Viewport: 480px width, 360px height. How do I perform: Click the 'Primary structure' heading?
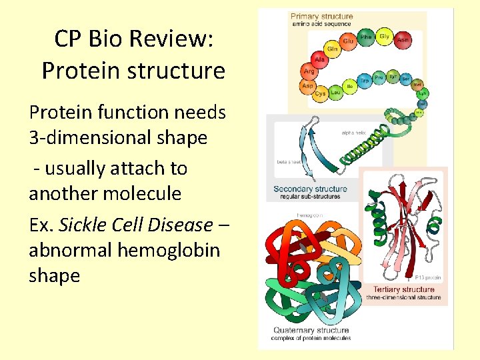pos(322,16)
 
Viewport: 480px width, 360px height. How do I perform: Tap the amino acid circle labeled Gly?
pos(384,37)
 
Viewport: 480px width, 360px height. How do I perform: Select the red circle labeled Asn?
pos(402,39)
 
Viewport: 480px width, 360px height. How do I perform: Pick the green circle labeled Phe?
pos(365,37)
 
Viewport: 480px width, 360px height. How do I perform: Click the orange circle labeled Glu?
pos(348,41)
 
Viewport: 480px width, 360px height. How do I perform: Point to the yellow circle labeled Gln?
pos(332,49)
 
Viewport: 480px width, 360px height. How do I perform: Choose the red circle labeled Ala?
pos(319,60)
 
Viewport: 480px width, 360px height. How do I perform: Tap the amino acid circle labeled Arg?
pos(309,71)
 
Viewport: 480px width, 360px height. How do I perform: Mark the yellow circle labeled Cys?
pos(320,93)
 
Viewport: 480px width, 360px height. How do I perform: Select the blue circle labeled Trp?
pos(364,81)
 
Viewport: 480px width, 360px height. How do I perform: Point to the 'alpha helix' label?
pos(353,133)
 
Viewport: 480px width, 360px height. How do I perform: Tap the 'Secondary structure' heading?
pos(310,189)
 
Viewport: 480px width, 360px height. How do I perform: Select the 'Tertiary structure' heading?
pos(403,289)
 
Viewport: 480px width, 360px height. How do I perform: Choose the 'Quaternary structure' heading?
pos(311,330)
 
